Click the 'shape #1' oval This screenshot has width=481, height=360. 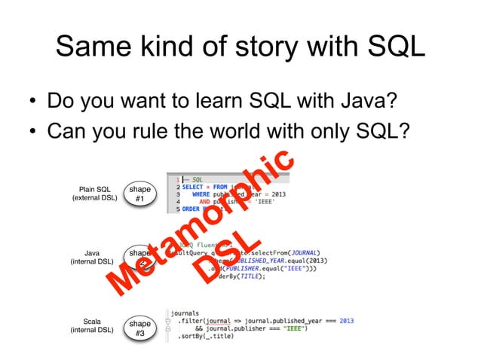click(x=140, y=194)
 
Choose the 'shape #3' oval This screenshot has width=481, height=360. click(x=140, y=328)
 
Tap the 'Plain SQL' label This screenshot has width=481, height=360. click(x=94, y=189)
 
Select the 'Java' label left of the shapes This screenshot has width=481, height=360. click(x=92, y=254)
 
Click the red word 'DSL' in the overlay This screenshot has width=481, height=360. click(x=225, y=260)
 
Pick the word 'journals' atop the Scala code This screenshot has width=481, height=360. click(x=185, y=312)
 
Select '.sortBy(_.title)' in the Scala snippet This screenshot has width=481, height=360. click(x=205, y=337)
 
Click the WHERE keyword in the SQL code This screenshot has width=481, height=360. click(x=200, y=194)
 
